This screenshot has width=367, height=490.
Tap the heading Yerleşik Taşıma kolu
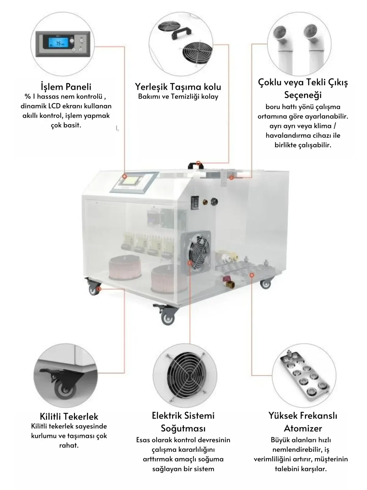pos(178,87)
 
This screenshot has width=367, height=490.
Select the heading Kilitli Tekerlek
pos(69,416)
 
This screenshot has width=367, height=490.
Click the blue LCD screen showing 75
pos(59,43)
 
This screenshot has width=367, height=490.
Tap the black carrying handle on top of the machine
pos(196,165)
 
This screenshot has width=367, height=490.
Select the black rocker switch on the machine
pos(195,203)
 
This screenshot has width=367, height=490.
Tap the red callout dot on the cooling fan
pos(190,263)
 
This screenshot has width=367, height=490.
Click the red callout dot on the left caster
pos(99,289)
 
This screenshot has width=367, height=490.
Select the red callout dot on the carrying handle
pos(198,163)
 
